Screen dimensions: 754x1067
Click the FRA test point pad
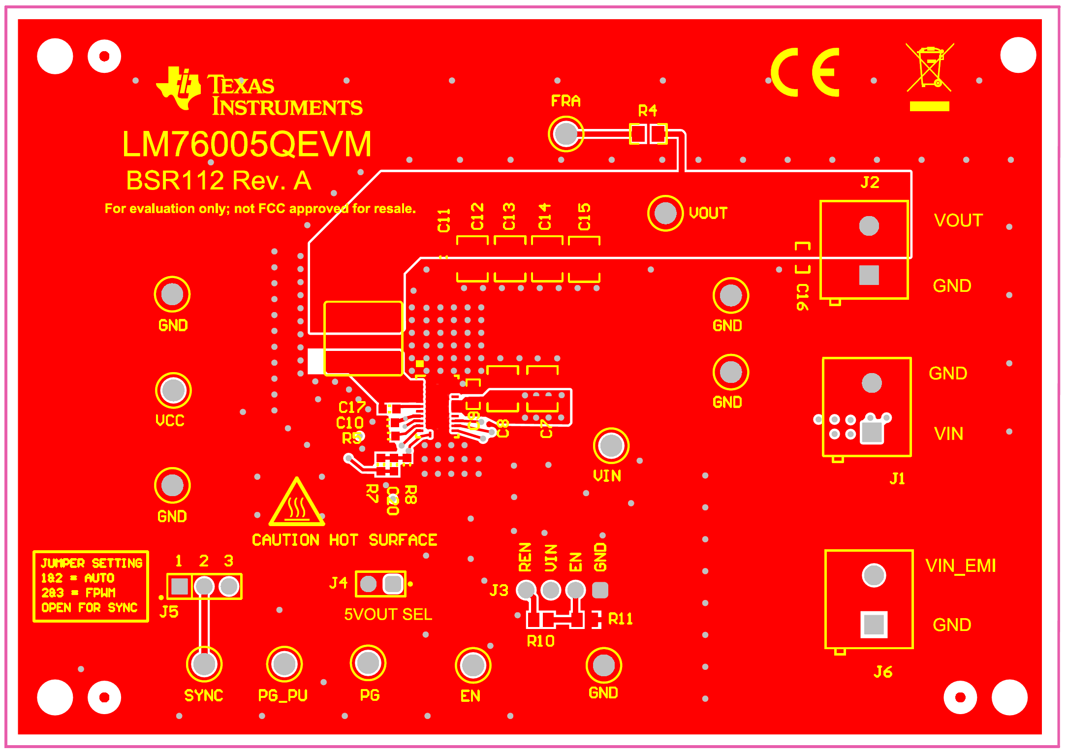(x=565, y=133)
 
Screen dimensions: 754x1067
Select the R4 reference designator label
(x=647, y=111)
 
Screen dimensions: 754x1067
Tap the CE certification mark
(x=805, y=72)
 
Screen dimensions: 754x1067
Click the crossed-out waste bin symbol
(x=929, y=69)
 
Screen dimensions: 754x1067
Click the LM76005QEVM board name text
(x=247, y=145)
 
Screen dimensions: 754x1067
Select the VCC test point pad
(x=173, y=390)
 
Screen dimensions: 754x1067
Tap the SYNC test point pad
(x=204, y=664)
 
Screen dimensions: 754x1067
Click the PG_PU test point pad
(x=284, y=664)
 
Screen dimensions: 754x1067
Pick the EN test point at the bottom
(x=473, y=665)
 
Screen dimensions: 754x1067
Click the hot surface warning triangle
(x=297, y=503)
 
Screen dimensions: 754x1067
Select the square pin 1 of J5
(x=180, y=586)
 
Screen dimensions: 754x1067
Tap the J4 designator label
(x=339, y=583)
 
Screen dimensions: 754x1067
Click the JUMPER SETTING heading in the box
(x=92, y=563)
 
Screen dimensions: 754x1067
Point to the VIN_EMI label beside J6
(x=960, y=566)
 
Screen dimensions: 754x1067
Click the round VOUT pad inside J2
(x=869, y=226)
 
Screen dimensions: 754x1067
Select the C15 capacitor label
(x=584, y=217)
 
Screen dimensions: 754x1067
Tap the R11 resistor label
(x=620, y=619)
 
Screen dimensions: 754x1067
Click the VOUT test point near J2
(x=665, y=213)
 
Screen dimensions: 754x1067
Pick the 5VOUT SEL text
(x=388, y=614)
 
